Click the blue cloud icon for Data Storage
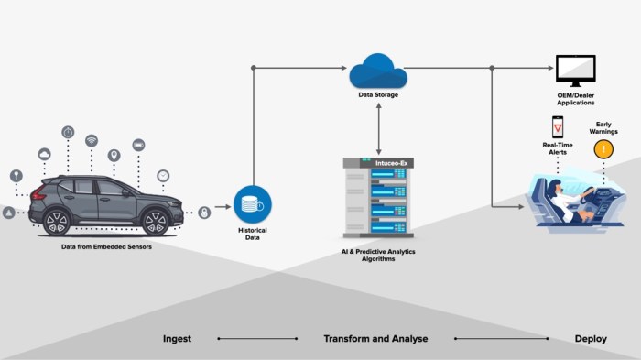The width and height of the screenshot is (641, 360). pos(377,70)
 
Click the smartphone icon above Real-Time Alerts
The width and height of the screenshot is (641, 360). pos(557,126)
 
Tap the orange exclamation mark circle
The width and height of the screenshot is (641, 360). pos(603,148)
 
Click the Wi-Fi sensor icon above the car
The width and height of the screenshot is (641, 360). pos(92,140)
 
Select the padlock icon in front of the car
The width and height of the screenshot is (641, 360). pos(203,213)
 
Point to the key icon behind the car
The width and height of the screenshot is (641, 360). pos(16,176)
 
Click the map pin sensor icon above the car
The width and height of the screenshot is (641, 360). pos(114,155)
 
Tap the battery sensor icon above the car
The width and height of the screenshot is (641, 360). pos(138,144)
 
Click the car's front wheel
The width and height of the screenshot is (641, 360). pos(156,221)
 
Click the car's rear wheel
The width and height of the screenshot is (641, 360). pos(57,221)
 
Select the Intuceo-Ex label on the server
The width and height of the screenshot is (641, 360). pos(378,163)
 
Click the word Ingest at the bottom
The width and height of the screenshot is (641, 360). pos(177,338)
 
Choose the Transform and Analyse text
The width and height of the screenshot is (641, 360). pos(375,338)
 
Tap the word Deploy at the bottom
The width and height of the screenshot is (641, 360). pos(590,338)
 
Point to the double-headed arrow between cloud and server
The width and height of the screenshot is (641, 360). pos(378,128)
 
